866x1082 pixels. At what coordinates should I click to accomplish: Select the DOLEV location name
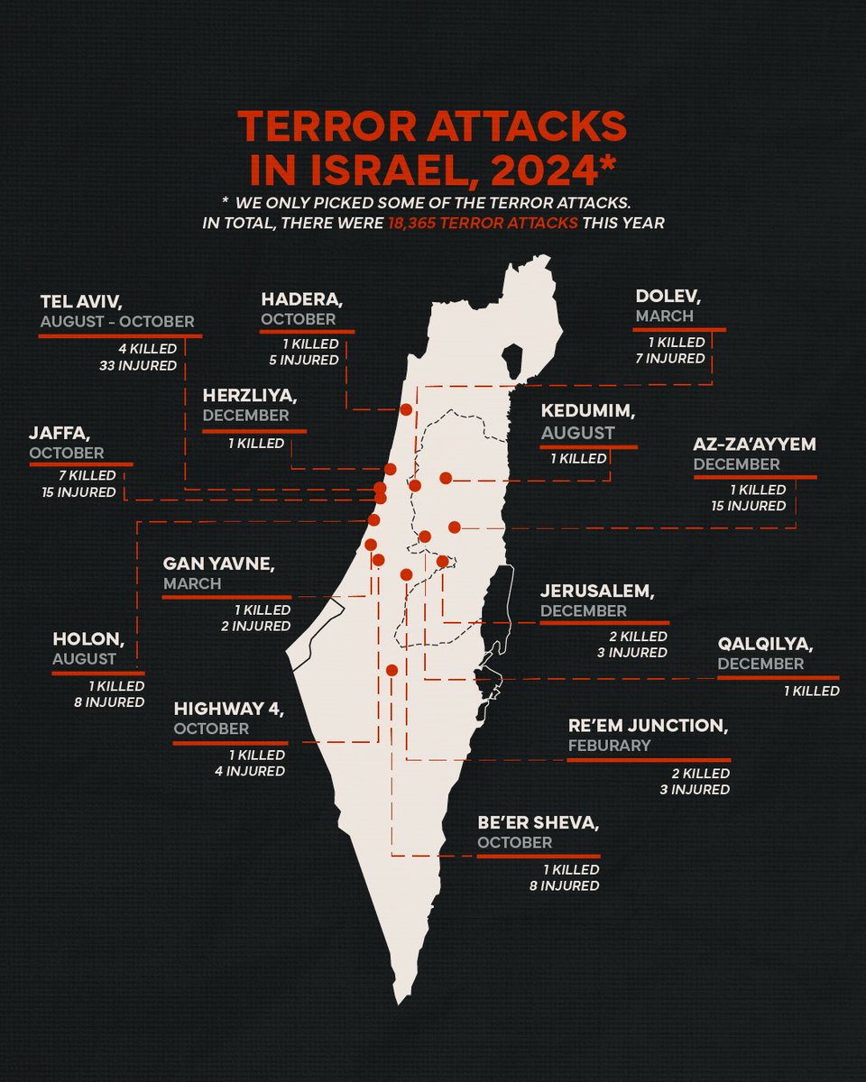668,296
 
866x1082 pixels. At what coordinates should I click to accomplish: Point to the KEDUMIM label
588,411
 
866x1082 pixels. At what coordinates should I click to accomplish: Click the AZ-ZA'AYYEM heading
754,445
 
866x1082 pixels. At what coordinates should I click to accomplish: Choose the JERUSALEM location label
596,591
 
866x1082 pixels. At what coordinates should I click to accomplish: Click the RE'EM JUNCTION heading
648,726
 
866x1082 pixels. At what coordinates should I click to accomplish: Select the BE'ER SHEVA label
538,822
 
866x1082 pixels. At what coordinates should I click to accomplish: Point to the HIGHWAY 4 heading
229,710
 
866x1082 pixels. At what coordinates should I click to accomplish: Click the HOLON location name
88,640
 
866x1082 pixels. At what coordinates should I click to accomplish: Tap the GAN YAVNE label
218,564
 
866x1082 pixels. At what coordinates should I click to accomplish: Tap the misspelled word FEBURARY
609,746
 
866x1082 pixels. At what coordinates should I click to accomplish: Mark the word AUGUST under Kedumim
577,433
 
